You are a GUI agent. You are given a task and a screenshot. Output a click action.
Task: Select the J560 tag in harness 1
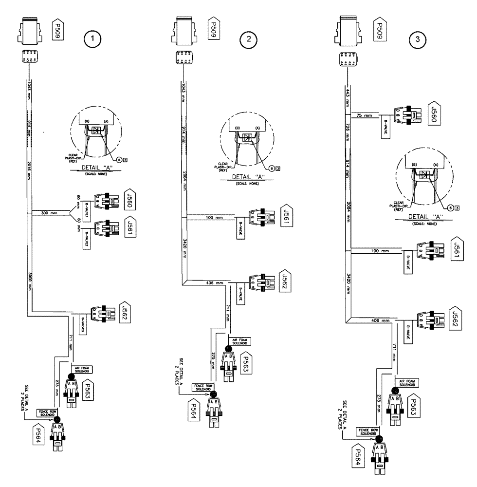[x=130, y=200]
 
